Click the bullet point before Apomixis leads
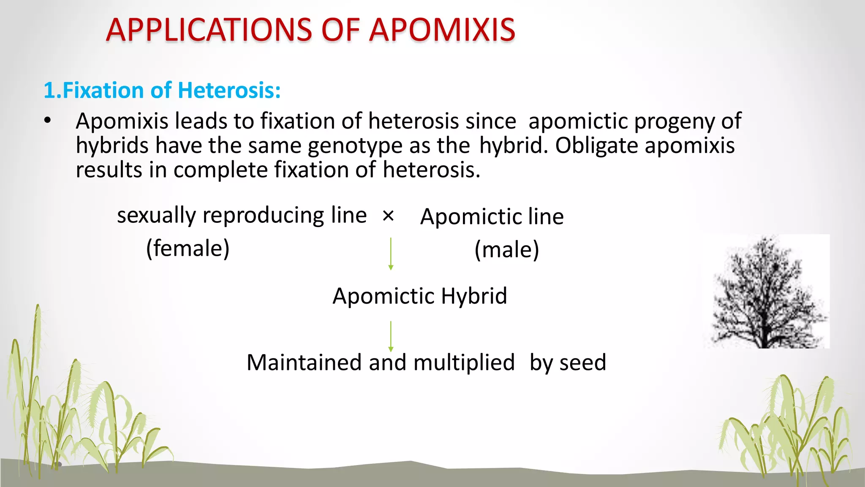pyautogui.click(x=47, y=121)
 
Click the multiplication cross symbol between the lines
pyautogui.click(x=388, y=216)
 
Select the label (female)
pyautogui.click(x=188, y=248)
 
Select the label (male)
pyautogui.click(x=507, y=249)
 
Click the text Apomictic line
pyautogui.click(x=492, y=216)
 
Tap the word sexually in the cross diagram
pyautogui.click(x=156, y=216)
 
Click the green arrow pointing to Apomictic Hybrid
pyautogui.click(x=391, y=254)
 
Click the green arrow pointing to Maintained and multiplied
pyautogui.click(x=391, y=336)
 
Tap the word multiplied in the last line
pyautogui.click(x=464, y=363)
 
